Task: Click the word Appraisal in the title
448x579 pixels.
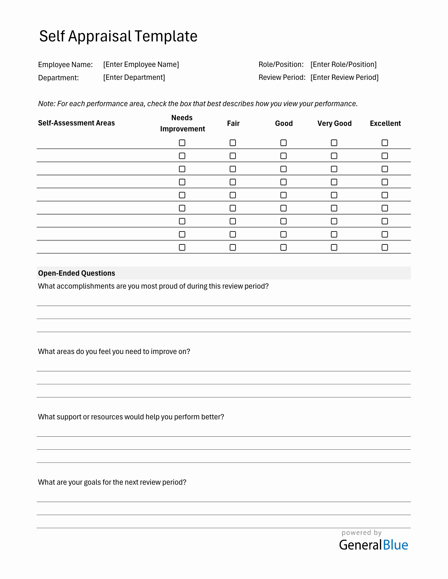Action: coord(99,36)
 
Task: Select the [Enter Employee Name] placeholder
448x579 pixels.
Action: coord(141,64)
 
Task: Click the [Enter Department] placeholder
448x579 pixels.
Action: coord(134,77)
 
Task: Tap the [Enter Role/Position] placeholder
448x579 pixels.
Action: coord(343,64)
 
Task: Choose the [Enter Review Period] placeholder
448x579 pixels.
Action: coord(344,77)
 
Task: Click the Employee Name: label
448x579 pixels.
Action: coord(65,65)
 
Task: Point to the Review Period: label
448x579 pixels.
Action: coord(282,77)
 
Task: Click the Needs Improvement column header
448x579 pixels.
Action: coord(182,123)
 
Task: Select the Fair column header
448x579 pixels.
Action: coord(233,123)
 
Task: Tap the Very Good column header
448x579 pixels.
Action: coord(334,123)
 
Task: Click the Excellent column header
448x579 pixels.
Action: coord(385,123)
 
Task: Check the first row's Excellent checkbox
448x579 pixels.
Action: coord(385,143)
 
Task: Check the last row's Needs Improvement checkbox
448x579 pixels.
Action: coord(182,247)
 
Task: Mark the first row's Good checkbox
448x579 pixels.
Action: coord(284,143)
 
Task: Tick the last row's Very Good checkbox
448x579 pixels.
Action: coord(334,247)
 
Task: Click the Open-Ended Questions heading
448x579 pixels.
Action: coord(76,273)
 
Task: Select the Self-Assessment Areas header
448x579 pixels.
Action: coord(76,123)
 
